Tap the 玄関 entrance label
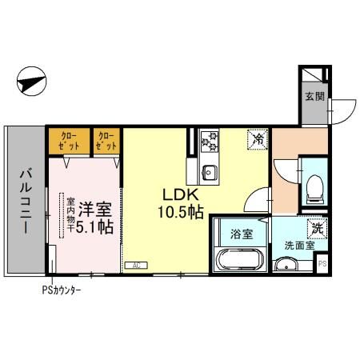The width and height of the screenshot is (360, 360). point(314,97)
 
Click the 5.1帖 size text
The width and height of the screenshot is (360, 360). point(95,226)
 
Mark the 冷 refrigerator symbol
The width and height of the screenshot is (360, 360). point(258,139)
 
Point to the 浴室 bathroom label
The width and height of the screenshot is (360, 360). point(242,234)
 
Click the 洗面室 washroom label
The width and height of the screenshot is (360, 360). point(299,246)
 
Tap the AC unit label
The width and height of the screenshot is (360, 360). point(135,265)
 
